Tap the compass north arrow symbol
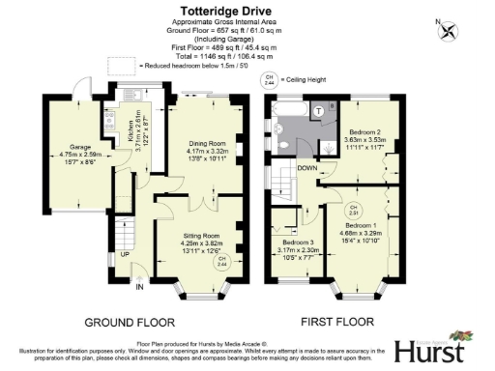click(447, 30)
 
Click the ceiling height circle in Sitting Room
click(221, 261)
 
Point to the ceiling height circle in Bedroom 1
click(355, 209)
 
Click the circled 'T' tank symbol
click(317, 112)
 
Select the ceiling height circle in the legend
click(270, 78)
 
